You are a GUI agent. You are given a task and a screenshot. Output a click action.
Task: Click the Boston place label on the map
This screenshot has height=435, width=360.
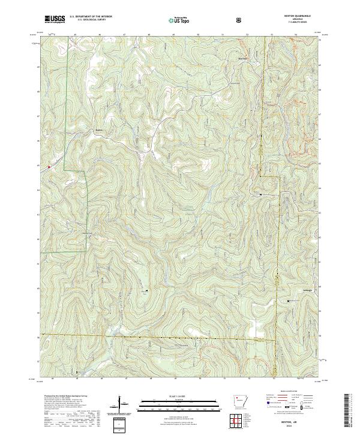pyautogui.click(x=100, y=128)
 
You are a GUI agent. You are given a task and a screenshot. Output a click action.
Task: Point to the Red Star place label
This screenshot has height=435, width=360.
pyautogui.click(x=242, y=58)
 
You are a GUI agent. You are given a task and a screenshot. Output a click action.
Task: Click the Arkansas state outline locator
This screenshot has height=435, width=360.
pyautogui.click(x=238, y=401)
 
